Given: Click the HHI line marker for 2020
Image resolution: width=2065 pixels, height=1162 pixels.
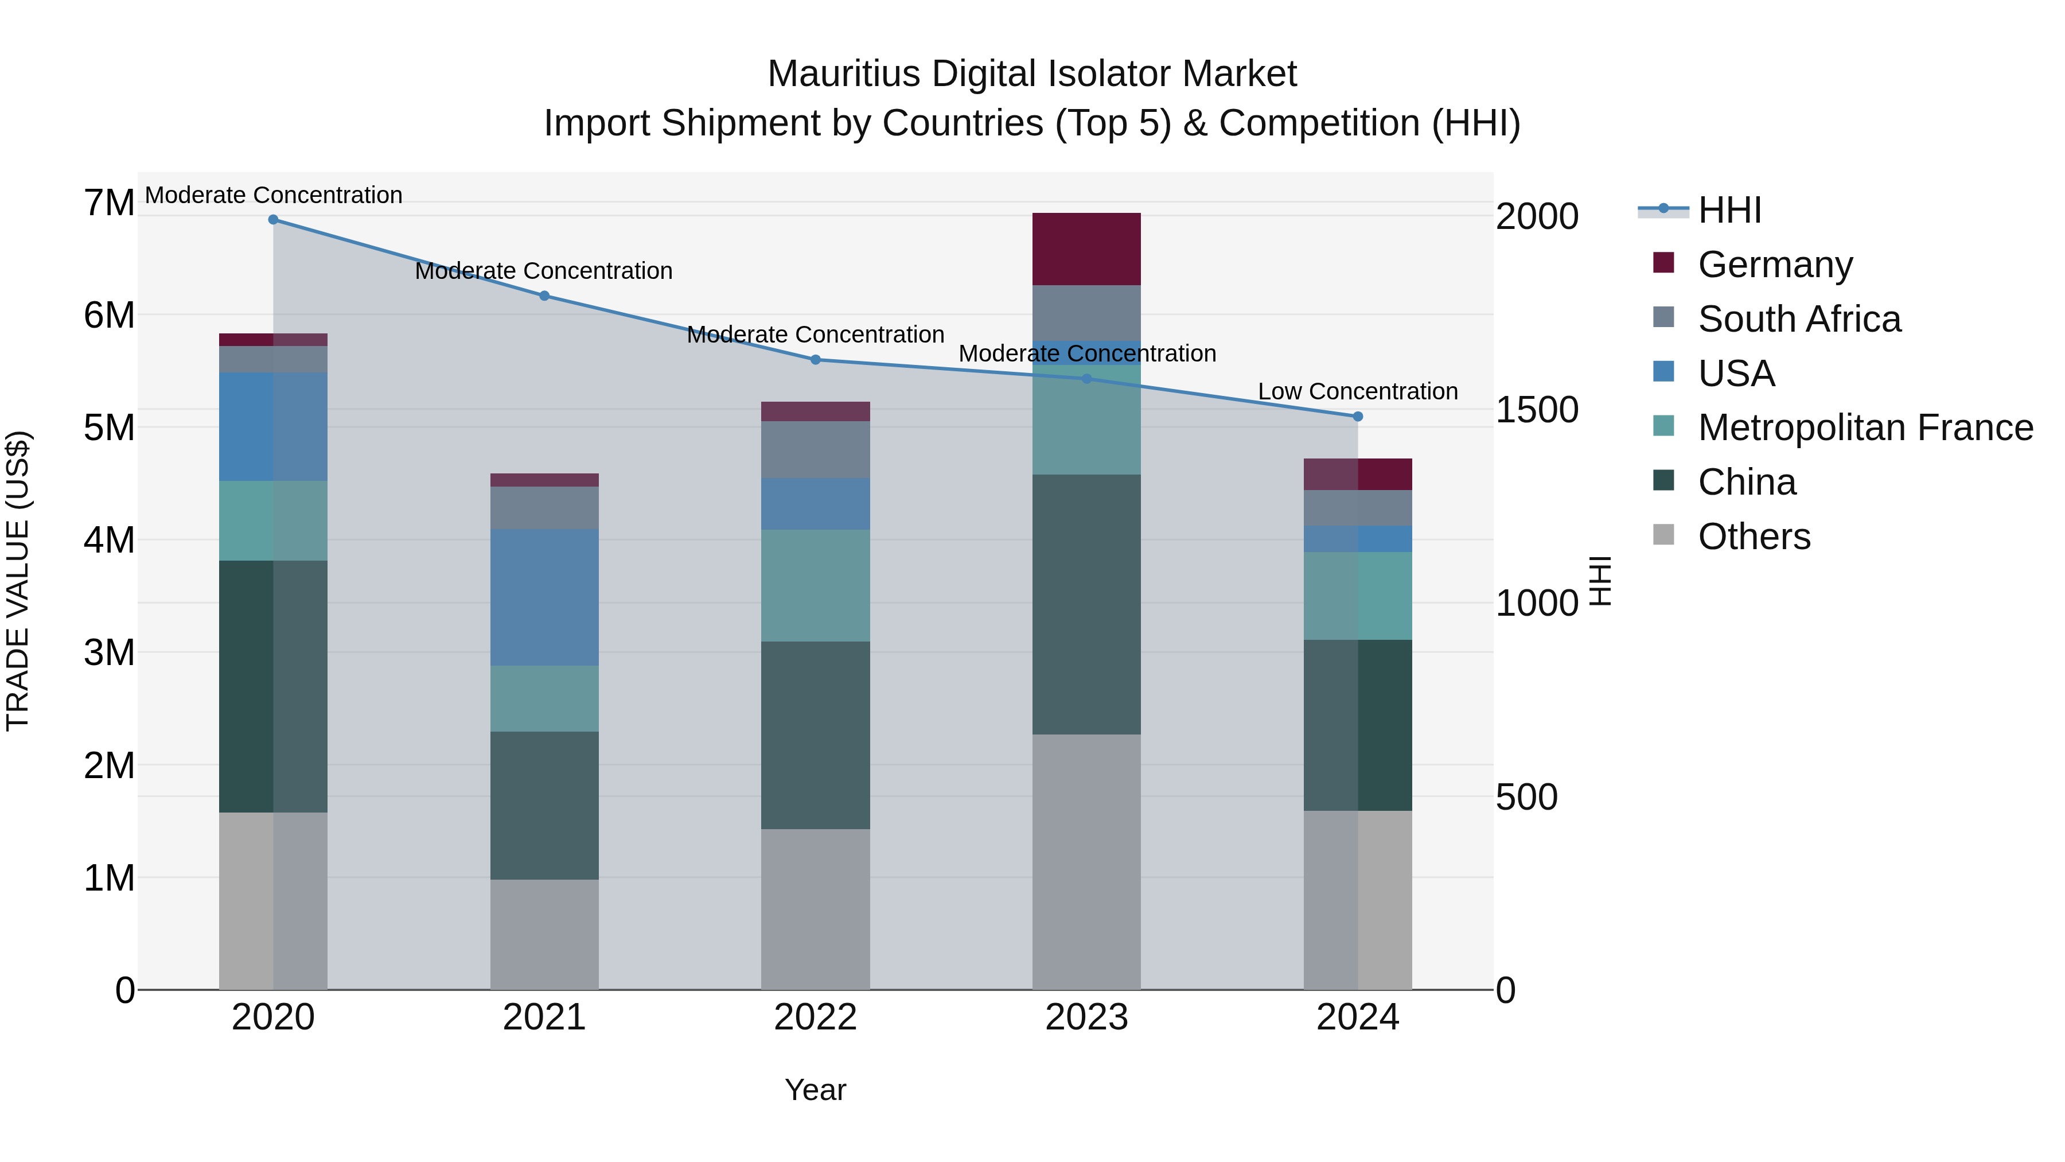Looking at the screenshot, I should pos(274,220).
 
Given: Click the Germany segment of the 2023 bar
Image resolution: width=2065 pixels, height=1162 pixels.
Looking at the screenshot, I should pos(1086,250).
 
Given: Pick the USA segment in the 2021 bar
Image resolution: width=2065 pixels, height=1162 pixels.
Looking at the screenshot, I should pos(544,597).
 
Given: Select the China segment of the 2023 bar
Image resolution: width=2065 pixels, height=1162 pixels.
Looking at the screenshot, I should pos(1086,605).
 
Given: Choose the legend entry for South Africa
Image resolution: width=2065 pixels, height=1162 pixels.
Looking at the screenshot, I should pos(1799,319).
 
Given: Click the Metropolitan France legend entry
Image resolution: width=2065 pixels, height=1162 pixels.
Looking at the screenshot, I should pos(1865,428).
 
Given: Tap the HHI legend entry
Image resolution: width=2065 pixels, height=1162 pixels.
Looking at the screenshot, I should pos(1729,210).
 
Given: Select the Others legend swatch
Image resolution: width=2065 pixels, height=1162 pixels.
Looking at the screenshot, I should pos(1663,535).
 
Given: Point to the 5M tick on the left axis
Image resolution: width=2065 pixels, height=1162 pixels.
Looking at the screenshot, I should pos(109,428).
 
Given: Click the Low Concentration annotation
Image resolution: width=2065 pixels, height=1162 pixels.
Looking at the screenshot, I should pos(1357,391).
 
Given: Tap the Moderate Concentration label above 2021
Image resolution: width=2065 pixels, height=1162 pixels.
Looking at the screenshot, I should pos(544,271).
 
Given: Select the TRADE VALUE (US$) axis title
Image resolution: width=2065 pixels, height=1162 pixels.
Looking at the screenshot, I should pos(18,581).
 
